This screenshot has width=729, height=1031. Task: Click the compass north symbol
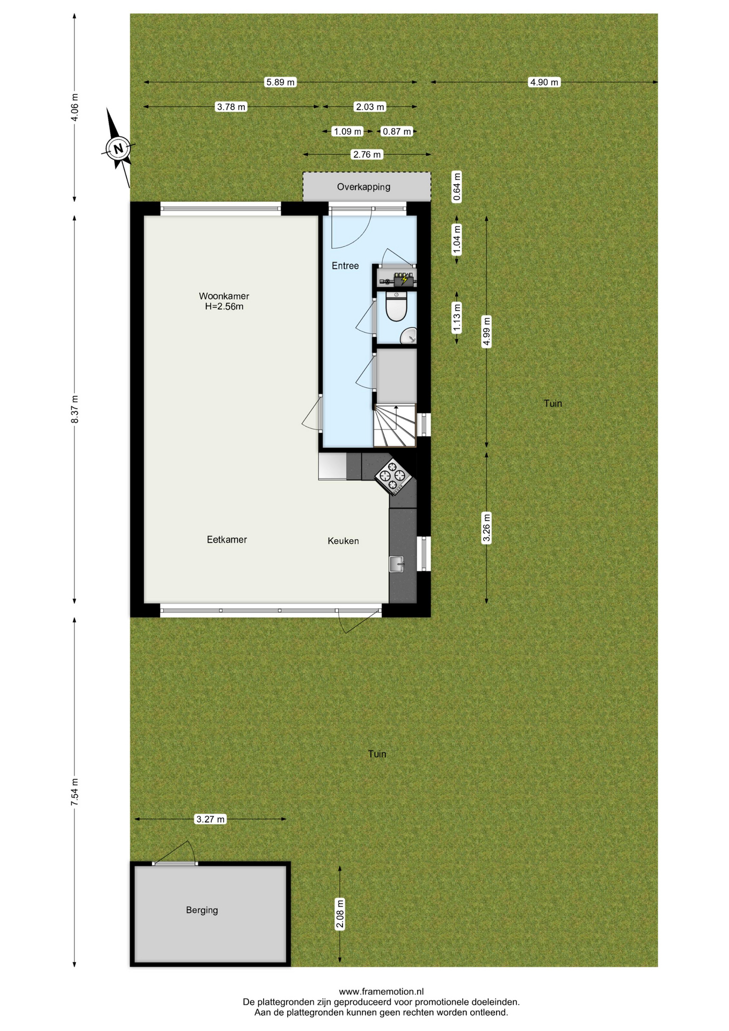pyautogui.click(x=118, y=148)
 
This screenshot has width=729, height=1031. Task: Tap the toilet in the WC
pyautogui.click(x=397, y=307)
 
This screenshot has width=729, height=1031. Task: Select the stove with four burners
pyautogui.click(x=392, y=476)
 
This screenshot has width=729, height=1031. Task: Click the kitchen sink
pyautogui.click(x=397, y=564)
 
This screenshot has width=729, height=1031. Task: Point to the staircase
pyautogui.click(x=395, y=425)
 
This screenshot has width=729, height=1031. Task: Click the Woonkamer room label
pyautogui.click(x=224, y=301)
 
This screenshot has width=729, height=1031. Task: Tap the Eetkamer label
pyautogui.click(x=227, y=540)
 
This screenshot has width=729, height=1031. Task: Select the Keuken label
pyautogui.click(x=344, y=541)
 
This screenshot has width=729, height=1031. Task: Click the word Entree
pyautogui.click(x=345, y=266)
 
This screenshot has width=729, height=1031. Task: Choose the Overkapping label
pyautogui.click(x=364, y=187)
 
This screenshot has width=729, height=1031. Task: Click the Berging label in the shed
pyautogui.click(x=202, y=910)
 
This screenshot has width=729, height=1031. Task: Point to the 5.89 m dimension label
pyautogui.click(x=281, y=82)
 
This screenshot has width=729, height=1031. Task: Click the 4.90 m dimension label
pyautogui.click(x=544, y=82)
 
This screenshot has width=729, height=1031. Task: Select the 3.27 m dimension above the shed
pyautogui.click(x=210, y=819)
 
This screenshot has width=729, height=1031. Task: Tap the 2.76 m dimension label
pyautogui.click(x=367, y=155)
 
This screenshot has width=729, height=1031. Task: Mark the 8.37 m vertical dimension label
pyautogui.click(x=75, y=409)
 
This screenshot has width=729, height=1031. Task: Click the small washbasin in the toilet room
pyautogui.click(x=409, y=336)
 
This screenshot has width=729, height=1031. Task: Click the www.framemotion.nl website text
pyautogui.click(x=382, y=992)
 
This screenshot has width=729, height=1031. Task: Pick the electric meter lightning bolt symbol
pyautogui.click(x=404, y=280)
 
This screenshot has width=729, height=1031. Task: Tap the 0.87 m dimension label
pyautogui.click(x=397, y=132)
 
